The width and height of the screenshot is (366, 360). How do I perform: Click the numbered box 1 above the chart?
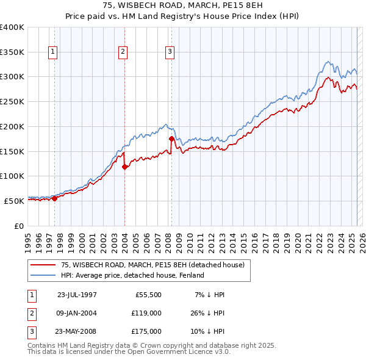54,52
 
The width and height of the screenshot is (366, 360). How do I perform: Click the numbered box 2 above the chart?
123,52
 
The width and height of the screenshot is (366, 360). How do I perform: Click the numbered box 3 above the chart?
170,52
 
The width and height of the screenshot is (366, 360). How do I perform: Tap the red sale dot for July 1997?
54,198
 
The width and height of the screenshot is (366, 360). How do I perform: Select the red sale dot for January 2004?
124,167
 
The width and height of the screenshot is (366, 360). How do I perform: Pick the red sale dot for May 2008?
171,139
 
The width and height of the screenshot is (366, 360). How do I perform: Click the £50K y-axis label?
15,200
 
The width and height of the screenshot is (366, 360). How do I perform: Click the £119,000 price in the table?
146,313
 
